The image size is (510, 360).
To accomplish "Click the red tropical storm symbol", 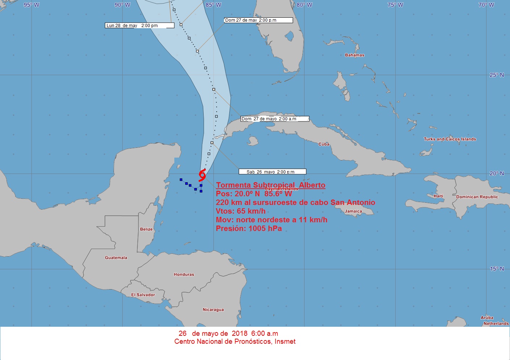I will click(202, 175).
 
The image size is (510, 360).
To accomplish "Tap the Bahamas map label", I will click(354, 55).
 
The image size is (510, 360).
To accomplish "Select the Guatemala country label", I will click(116, 258).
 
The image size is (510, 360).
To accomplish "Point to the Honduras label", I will click(184, 275).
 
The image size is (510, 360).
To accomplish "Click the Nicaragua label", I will click(213, 310).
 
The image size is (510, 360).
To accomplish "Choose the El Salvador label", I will click(143, 295).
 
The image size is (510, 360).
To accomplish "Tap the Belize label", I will click(146, 229).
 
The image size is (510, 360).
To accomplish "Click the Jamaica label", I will click(353, 211).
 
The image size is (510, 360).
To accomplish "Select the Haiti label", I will click(438, 196).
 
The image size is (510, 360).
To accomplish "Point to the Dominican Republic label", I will click(477, 197).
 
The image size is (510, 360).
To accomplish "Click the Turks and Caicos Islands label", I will click(450, 139).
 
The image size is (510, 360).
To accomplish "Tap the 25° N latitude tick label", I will click(496, 75).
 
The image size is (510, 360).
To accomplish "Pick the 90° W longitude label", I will click(122, 5).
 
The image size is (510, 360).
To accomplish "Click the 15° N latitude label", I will click(496, 269).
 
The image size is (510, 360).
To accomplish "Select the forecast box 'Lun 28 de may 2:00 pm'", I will click(140, 26).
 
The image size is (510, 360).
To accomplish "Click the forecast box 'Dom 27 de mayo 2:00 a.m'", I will click(275, 119).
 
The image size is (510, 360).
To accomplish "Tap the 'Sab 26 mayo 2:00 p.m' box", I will click(272, 172).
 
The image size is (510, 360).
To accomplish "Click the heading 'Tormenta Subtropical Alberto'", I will click(271, 185).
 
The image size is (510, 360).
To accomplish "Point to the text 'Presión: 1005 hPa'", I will click(248, 228).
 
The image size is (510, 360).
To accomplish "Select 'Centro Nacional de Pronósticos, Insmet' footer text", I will click(235, 342).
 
